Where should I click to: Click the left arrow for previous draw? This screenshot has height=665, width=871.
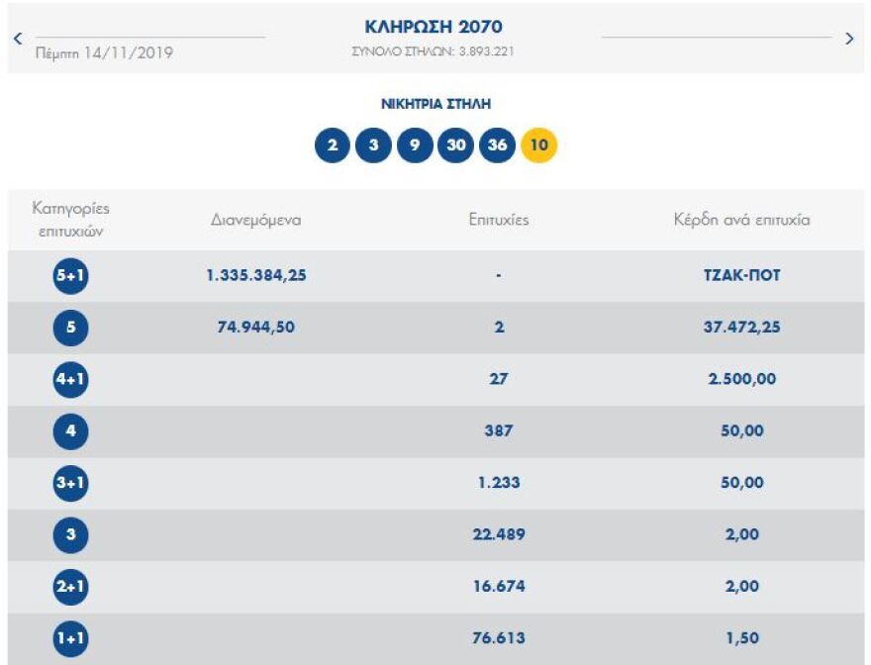tap(18, 39)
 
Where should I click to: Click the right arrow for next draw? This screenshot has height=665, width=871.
tap(849, 39)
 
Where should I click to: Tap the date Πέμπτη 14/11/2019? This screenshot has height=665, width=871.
tap(104, 53)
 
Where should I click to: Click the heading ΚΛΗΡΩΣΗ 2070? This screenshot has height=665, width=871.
tap(434, 27)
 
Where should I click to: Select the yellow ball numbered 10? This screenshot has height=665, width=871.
tap(539, 145)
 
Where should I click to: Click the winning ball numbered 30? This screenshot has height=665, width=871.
tap(455, 145)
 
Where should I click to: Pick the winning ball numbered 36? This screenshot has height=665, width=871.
tap(497, 145)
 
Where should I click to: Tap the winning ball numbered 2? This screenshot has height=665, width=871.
tap(333, 145)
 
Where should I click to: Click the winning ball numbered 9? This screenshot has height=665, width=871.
tap(415, 145)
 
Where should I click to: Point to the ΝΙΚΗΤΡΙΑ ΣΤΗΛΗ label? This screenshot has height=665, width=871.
tap(435, 103)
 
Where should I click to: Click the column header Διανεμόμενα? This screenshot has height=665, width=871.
tap(255, 220)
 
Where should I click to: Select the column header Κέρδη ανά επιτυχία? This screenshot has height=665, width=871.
tap(741, 220)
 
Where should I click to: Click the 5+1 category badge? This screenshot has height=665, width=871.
tap(70, 276)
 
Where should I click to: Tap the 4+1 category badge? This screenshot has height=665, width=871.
tap(70, 379)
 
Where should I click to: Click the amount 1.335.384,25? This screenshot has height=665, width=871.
tap(256, 276)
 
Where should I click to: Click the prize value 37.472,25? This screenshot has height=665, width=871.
tap(741, 328)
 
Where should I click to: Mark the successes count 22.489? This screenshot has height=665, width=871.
tap(499, 534)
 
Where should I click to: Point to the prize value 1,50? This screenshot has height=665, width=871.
tap(742, 638)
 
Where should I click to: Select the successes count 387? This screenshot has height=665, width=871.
tap(499, 431)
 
